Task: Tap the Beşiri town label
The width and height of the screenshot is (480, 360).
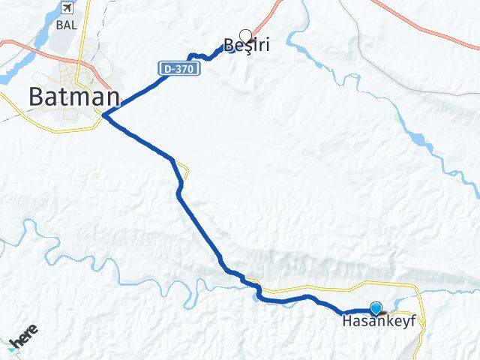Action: [x=247, y=46]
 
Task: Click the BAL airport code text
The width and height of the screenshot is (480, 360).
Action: [x=66, y=24]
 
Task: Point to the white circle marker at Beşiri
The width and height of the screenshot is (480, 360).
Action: [x=244, y=34]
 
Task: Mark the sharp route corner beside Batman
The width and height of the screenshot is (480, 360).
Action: [x=104, y=115]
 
